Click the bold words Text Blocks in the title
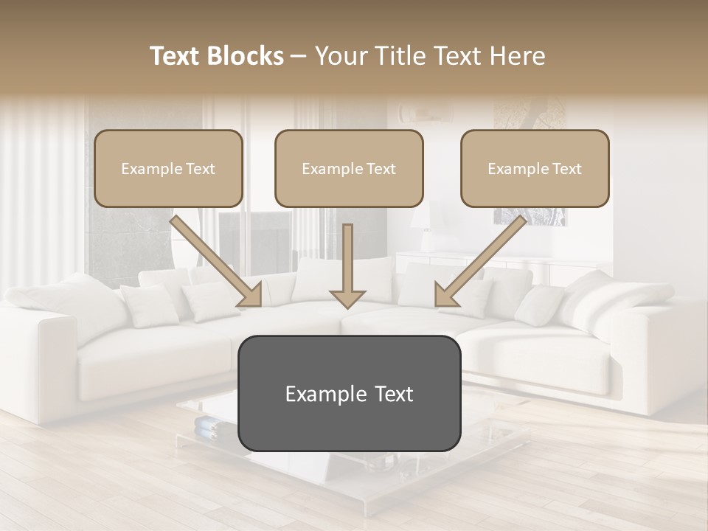coord(216,56)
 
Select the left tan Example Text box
coord(168,168)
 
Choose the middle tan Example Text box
coord(349,168)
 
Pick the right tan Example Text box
coord(535,168)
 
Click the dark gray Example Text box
coord(349,393)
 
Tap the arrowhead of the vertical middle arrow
coord(347,299)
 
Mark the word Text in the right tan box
coord(566,169)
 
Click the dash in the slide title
coord(299,56)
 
